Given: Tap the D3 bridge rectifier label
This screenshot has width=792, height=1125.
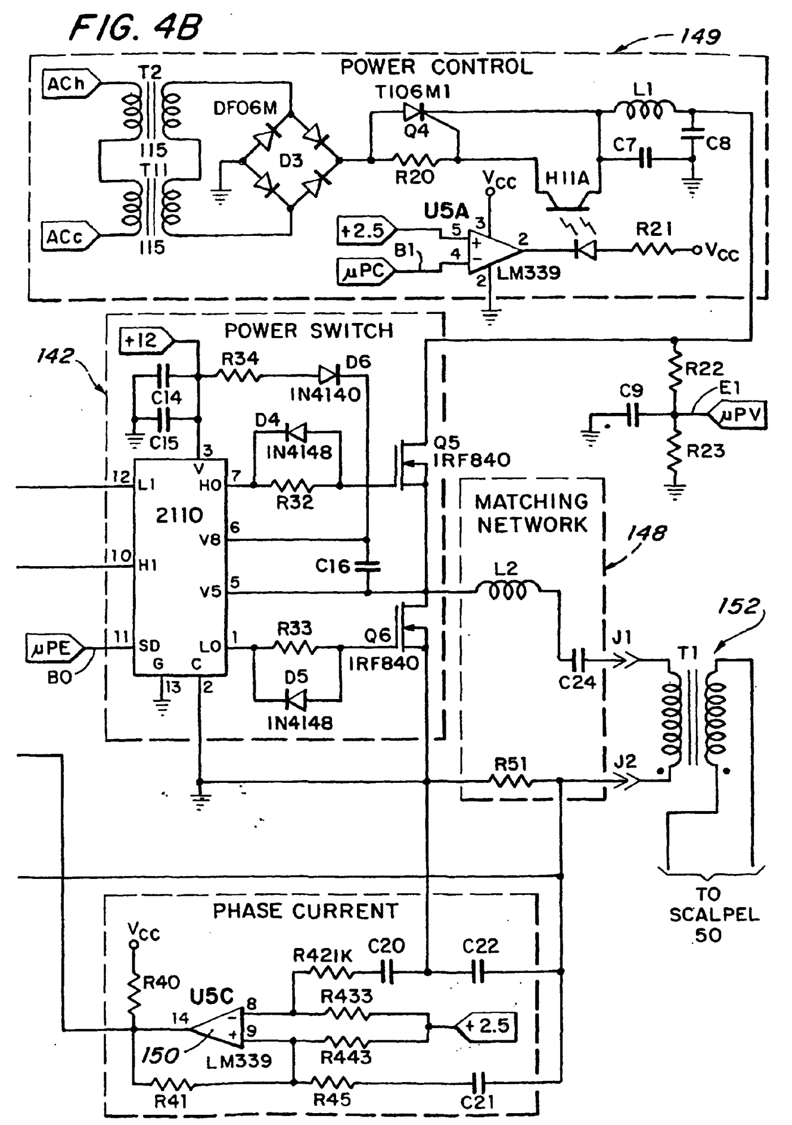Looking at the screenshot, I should tap(291, 161).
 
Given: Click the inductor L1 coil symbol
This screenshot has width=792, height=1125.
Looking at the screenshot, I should tap(644, 110).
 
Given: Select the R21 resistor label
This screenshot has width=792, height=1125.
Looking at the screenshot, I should tap(655, 229).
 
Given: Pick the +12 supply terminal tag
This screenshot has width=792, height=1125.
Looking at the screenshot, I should tap(144, 340).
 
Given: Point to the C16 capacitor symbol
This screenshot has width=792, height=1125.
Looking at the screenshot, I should tap(368, 566).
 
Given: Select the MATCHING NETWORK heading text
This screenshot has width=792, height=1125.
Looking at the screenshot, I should tap(532, 514).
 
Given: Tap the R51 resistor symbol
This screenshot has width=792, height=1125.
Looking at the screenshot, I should tap(510, 782).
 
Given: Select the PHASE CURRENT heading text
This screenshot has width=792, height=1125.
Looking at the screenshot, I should tap(305, 911).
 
